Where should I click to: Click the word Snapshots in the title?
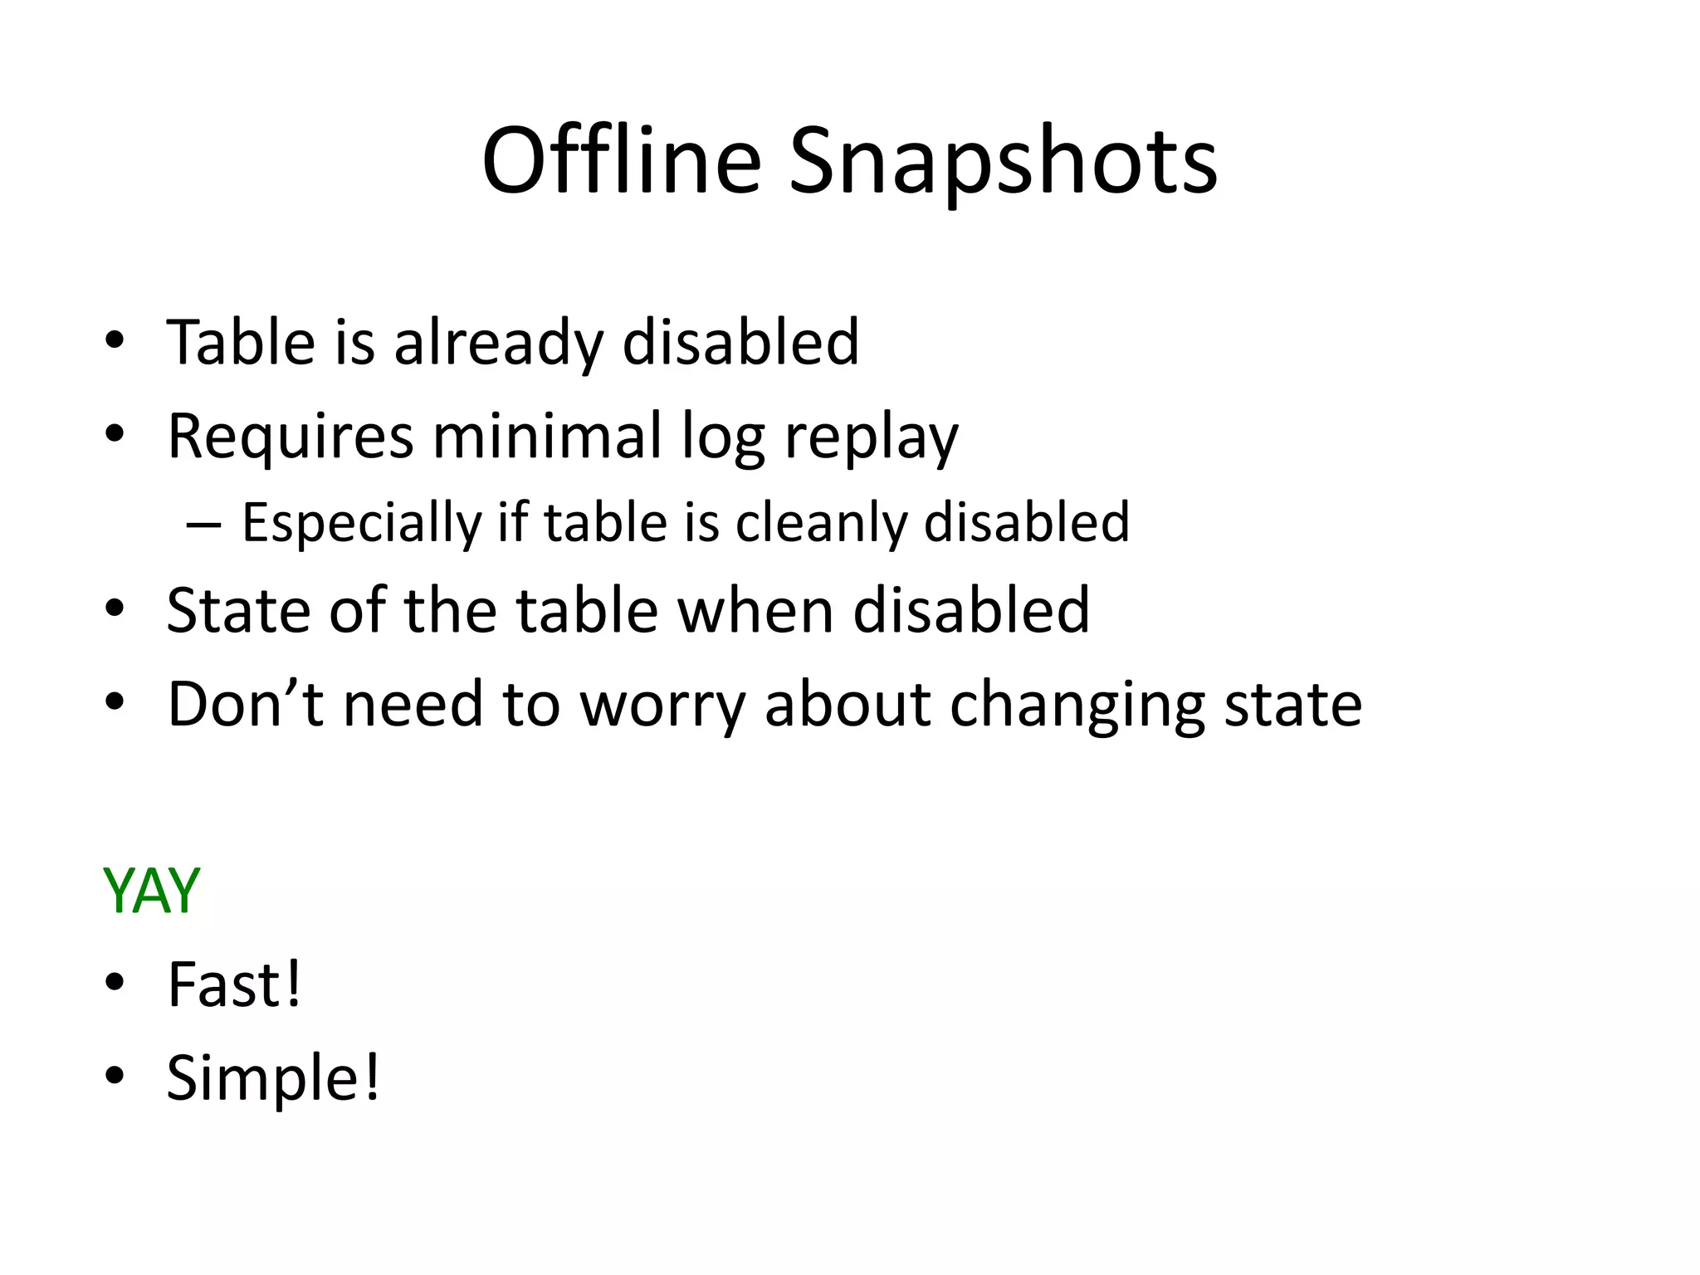pos(1002,162)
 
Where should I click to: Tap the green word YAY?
pos(151,891)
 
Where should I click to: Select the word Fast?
pos(235,984)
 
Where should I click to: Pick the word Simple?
pos(273,1077)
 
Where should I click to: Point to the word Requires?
pos(290,437)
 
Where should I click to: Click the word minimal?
pos(547,435)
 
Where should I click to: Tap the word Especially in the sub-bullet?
pos(362,524)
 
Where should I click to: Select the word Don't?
pos(245,704)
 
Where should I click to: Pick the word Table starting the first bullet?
pos(241,343)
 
